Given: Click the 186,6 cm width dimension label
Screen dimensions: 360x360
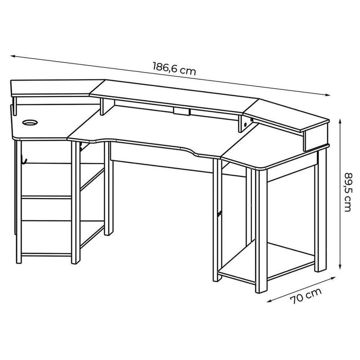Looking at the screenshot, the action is point(174,68).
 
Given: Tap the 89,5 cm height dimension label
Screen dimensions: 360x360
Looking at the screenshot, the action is point(348,192).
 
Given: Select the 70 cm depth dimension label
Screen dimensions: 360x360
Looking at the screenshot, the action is point(306,296).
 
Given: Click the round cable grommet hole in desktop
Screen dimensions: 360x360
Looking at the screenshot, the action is point(30,122).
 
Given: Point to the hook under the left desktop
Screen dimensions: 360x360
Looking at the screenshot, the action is point(24,160).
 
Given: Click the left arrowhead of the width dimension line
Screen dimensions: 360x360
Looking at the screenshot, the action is point(13,56).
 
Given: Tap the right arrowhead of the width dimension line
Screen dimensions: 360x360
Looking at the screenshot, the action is point(328,94).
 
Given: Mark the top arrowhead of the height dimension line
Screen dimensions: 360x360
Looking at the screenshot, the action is point(340,121).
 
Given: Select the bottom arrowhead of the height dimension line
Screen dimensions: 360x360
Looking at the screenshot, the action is point(340,266).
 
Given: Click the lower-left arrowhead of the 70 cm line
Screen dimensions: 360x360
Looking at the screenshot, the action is point(269,301).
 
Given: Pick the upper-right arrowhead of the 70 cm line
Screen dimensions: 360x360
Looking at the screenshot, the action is point(333,278).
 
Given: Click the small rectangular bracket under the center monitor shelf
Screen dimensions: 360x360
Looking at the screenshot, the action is point(182,111).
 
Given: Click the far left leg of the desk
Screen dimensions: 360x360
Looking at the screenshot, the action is point(18,202).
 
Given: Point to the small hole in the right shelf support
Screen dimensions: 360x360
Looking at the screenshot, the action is point(245,125).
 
